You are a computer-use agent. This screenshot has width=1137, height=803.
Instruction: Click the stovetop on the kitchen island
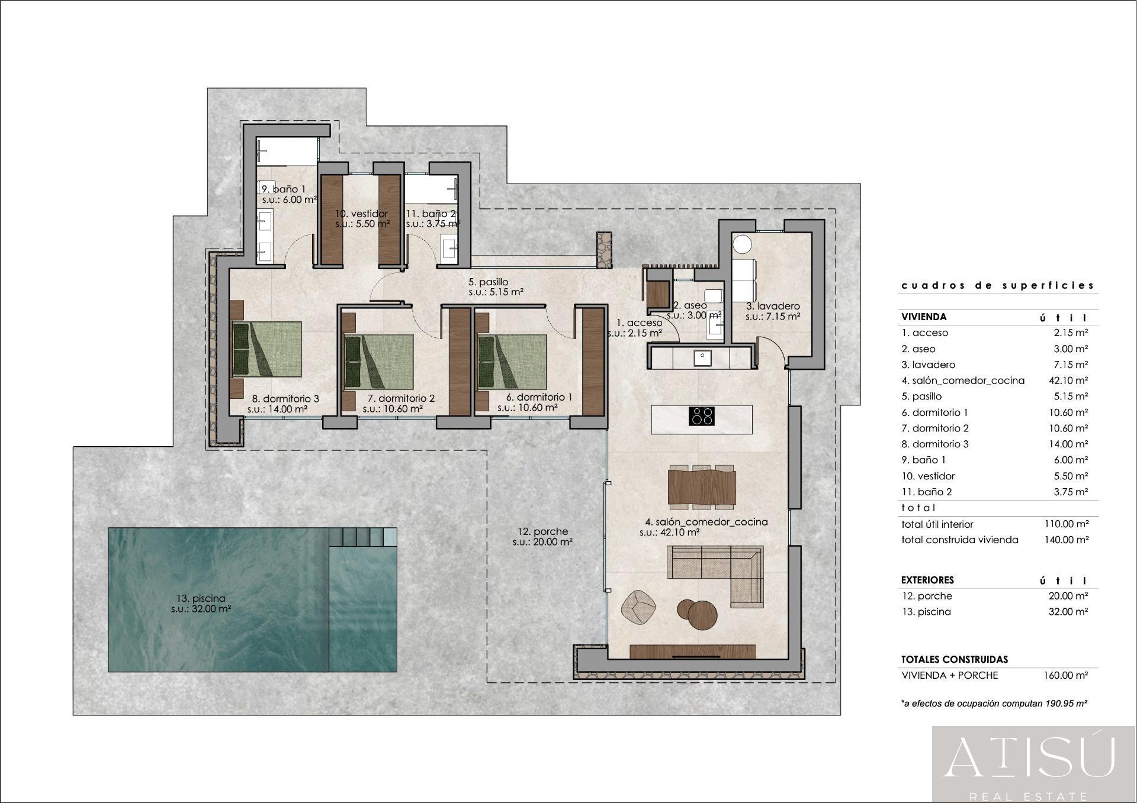pyautogui.click(x=701, y=416)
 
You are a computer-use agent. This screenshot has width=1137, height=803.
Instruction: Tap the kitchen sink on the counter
pyautogui.click(x=703, y=357)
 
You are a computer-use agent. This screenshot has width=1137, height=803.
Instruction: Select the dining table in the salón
pyautogui.click(x=702, y=487)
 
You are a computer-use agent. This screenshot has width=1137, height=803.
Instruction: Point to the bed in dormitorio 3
pyautogui.click(x=266, y=349)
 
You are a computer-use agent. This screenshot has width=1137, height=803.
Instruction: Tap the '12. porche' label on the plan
pyautogui.click(x=542, y=531)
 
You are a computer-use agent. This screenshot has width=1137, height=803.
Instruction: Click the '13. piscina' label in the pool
pyautogui.click(x=201, y=598)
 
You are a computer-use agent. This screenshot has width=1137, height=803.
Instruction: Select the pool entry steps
pyautogui.click(x=363, y=537)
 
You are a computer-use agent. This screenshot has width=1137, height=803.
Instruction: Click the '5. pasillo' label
pyautogui.click(x=489, y=282)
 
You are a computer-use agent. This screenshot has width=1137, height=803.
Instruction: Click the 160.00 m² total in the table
pyautogui.click(x=1065, y=675)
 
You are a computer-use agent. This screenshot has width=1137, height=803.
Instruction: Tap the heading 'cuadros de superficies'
pyautogui.click(x=997, y=285)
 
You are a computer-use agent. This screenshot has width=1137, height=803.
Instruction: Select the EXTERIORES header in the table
pyautogui.click(x=927, y=580)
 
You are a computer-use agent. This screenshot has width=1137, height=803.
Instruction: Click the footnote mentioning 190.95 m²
pyautogui.click(x=994, y=704)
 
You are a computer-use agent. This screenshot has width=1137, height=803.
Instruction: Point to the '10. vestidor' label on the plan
pyautogui.click(x=361, y=214)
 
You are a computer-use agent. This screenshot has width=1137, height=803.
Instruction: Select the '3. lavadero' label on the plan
pyautogui.click(x=772, y=306)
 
